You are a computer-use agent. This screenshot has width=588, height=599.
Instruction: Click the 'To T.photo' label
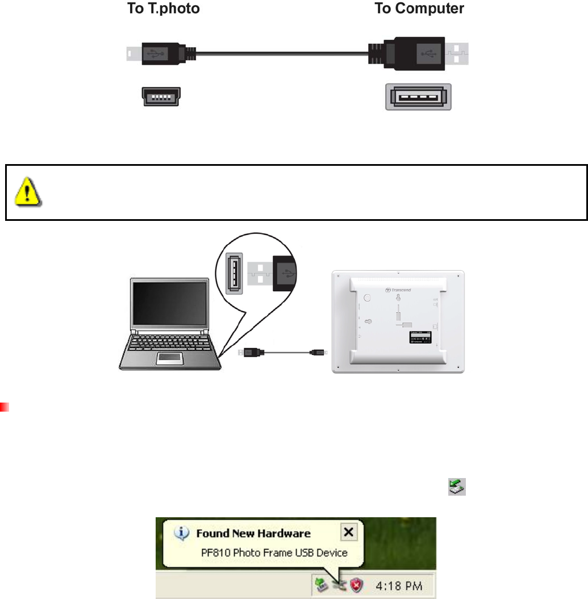coord(162,10)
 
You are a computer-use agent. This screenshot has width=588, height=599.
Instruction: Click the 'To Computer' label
coord(419,10)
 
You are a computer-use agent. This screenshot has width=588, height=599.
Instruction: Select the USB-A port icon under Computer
coord(418,97)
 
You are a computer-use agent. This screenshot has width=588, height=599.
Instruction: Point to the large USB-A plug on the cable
coord(406,54)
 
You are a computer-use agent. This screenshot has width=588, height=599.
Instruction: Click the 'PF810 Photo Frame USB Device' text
coord(274,552)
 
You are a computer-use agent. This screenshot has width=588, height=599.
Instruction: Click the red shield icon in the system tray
coord(357,585)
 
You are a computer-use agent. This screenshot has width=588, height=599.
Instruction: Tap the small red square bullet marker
coord(3,407)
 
